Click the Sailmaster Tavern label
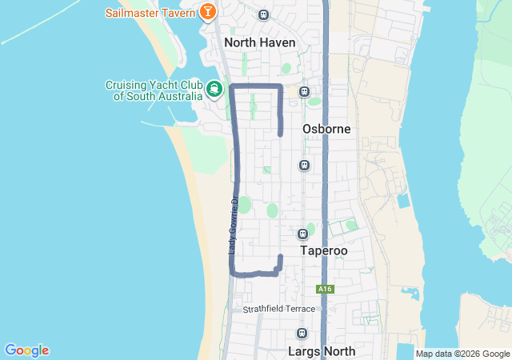tap(150, 13)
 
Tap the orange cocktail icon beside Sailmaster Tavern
tap(207, 12)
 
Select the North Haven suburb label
tap(260, 42)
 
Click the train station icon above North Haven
tap(264, 14)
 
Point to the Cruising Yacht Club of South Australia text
tap(154, 91)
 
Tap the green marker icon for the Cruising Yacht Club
tap(214, 89)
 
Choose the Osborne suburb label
tap(326, 129)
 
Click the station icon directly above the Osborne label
tap(304, 92)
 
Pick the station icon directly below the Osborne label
tap(304, 166)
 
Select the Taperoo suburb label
tap(324, 250)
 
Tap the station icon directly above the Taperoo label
tap(302, 234)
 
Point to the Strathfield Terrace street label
tap(279, 308)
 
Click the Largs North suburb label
tap(320, 350)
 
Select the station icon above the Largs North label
tap(302, 334)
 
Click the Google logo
tap(26, 350)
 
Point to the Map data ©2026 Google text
tap(462, 354)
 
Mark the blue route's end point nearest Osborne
tap(280, 134)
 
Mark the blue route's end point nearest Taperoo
tap(280, 256)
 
